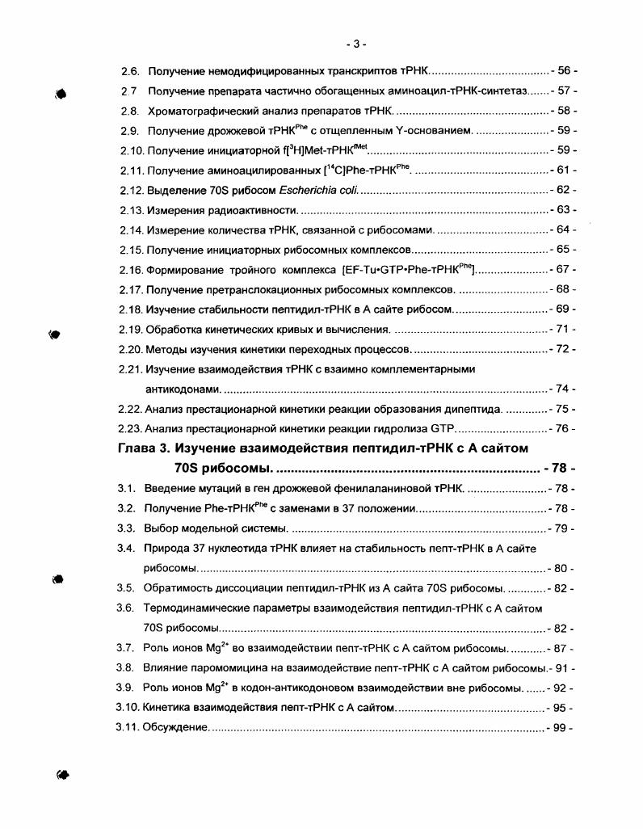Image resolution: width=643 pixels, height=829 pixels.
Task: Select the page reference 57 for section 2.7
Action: tap(563, 90)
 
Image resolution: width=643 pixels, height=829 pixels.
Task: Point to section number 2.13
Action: tap(130, 210)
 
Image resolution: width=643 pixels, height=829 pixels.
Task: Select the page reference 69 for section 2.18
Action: tap(562, 309)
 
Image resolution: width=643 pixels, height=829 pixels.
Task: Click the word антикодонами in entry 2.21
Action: tap(182, 389)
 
